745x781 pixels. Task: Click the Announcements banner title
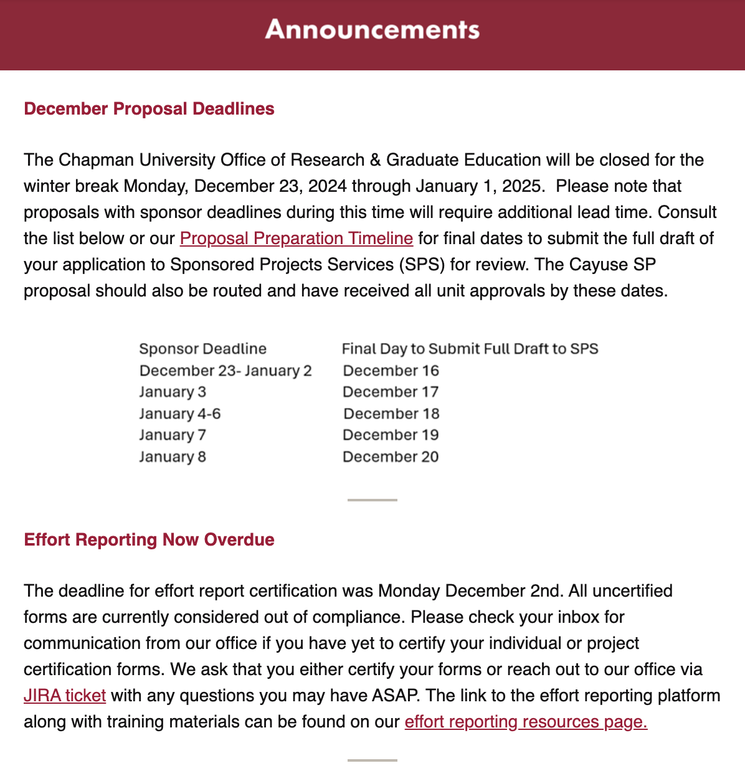pyautogui.click(x=372, y=29)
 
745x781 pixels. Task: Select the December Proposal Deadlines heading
pyautogui.click(x=149, y=108)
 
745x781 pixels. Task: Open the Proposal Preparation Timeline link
pyautogui.click(x=296, y=238)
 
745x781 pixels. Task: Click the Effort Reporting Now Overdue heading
pyautogui.click(x=149, y=539)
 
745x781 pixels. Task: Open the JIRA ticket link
pyautogui.click(x=65, y=695)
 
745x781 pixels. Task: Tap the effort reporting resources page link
pyautogui.click(x=526, y=721)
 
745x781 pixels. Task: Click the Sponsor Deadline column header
pyautogui.click(x=202, y=349)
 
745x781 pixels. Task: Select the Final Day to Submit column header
pyautogui.click(x=470, y=349)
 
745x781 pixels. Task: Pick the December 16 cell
pyautogui.click(x=391, y=371)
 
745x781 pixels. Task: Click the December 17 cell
pyautogui.click(x=391, y=392)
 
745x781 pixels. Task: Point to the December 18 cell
pyautogui.click(x=391, y=414)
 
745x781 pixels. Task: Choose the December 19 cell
pyautogui.click(x=391, y=435)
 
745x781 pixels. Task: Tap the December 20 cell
pyautogui.click(x=391, y=457)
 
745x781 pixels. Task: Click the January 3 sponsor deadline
pyautogui.click(x=173, y=392)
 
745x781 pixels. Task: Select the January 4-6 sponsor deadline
pyautogui.click(x=179, y=414)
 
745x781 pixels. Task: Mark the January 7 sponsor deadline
pyautogui.click(x=173, y=435)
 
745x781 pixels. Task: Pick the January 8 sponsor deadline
pyautogui.click(x=173, y=457)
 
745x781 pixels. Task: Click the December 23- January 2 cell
pyautogui.click(x=225, y=371)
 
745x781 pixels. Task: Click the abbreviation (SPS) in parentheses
pyautogui.click(x=422, y=264)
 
